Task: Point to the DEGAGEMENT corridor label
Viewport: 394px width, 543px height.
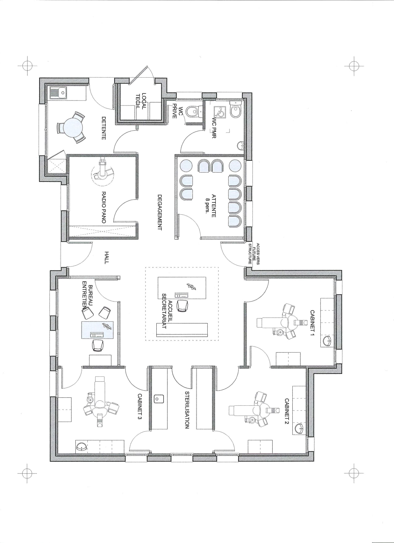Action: (160, 212)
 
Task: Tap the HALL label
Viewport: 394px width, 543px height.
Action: (107, 257)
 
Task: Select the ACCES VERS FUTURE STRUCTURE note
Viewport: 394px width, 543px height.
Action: (254, 254)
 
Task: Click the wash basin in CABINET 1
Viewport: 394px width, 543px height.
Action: (327, 341)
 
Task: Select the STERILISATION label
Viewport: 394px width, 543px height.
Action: (187, 410)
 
